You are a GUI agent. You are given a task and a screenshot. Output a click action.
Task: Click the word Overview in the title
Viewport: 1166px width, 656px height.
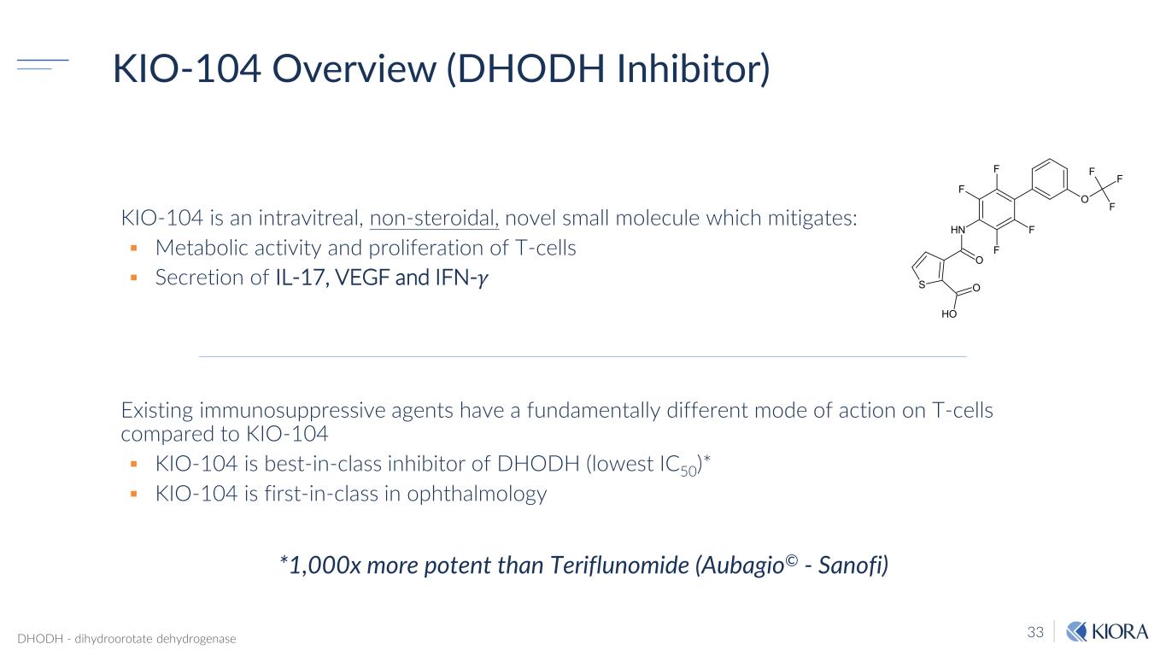(354, 68)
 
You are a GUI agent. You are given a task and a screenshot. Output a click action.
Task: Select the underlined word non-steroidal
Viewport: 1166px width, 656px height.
(434, 218)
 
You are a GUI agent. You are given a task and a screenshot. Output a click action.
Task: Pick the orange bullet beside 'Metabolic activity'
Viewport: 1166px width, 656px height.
(134, 249)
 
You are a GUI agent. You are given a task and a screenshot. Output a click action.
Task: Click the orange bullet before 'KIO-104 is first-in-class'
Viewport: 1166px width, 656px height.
(134, 494)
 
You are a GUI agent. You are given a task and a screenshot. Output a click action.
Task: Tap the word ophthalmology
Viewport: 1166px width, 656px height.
(477, 495)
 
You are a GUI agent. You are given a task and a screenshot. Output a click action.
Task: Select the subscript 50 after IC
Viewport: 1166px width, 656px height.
(688, 471)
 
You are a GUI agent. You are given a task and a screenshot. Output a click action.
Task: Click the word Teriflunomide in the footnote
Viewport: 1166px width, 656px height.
(619, 565)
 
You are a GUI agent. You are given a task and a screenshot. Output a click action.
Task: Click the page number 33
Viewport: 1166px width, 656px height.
(1035, 632)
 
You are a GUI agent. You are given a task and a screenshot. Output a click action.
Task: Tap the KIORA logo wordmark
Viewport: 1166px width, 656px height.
(1119, 631)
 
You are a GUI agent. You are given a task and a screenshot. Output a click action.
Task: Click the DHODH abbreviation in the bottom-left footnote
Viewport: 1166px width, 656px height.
(40, 639)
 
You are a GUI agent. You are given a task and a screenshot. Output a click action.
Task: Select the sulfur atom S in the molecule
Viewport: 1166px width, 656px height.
(922, 284)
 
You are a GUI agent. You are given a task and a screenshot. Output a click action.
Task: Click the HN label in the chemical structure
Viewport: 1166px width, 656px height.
(958, 230)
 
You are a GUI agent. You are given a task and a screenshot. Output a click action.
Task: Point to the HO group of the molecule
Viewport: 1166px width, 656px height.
(949, 314)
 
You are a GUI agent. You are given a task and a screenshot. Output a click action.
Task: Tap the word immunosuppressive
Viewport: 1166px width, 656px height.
(292, 411)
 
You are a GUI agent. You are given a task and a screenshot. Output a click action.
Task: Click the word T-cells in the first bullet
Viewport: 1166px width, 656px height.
(546, 248)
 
